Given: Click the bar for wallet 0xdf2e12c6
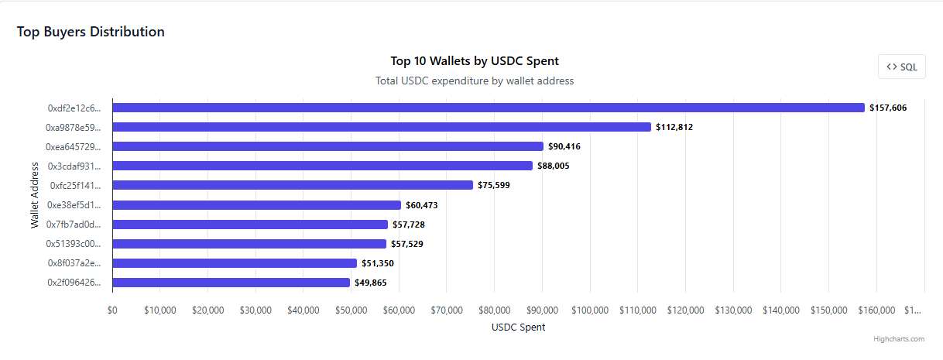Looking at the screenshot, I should coord(488,108).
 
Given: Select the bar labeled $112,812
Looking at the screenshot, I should coord(381,127).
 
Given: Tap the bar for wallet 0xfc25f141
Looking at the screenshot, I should coord(293,185).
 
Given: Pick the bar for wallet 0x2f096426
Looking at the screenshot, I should coord(231,283).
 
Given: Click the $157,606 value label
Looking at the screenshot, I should coord(888,108).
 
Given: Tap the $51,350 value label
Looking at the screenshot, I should coord(378,263).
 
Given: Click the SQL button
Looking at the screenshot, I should coord(902,67).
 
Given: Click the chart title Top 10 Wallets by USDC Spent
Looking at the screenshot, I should coord(475,61).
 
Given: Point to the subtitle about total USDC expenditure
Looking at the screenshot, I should coord(475,81).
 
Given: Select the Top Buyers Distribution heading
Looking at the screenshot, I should coord(91,32).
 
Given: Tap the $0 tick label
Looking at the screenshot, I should coord(112,310).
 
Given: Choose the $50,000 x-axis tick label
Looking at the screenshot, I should coord(351,310).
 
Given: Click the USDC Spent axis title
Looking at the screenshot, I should coord(518,327).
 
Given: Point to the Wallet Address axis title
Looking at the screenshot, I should coord(35,195).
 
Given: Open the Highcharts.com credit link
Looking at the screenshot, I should coord(898,339).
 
